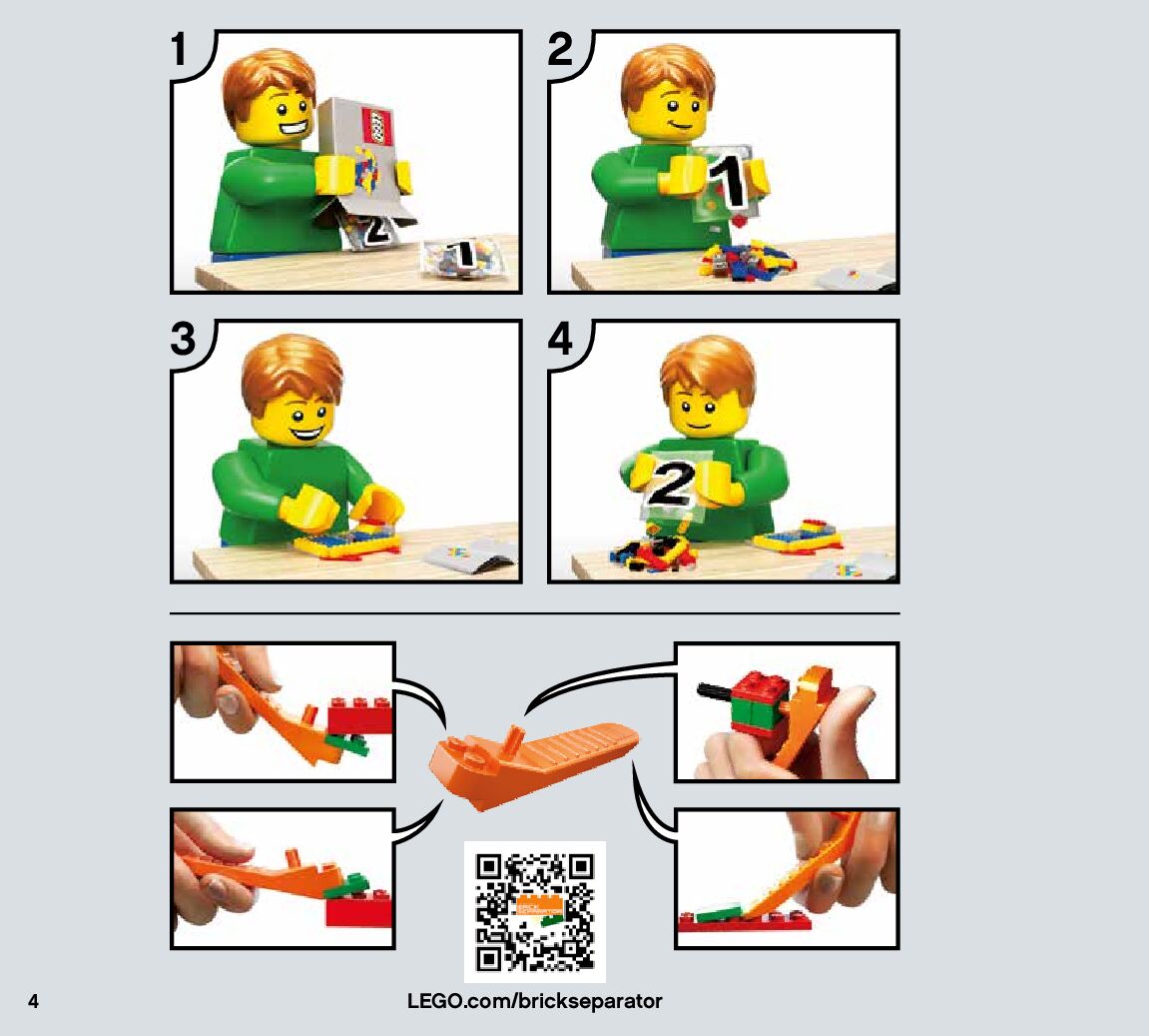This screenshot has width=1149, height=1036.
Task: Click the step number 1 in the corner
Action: coord(180,49)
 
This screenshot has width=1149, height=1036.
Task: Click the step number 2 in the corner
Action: coord(560,49)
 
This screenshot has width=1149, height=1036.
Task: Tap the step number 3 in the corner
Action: coord(184,338)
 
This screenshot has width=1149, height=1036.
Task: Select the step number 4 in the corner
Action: coord(561,339)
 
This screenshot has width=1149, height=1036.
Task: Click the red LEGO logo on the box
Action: coord(379,126)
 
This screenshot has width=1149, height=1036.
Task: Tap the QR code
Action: coord(535,911)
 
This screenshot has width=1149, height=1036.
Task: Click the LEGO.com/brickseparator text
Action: coord(535,1002)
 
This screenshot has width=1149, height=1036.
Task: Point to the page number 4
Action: coord(33,1002)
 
